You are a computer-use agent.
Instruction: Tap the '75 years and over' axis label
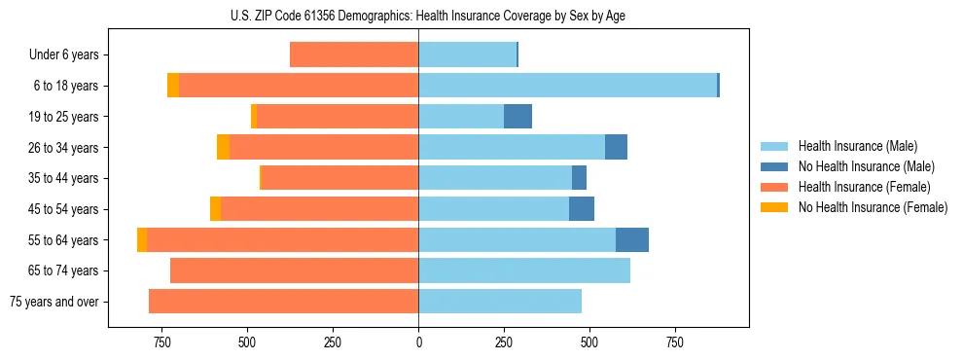54,302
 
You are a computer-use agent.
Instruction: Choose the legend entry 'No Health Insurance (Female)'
873,207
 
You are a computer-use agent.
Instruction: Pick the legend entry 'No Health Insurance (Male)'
866,166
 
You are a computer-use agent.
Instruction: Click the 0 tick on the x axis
418,342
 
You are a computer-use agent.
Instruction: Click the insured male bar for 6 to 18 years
567,86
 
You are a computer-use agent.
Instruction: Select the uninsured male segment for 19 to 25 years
517,117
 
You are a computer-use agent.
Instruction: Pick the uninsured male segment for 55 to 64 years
632,239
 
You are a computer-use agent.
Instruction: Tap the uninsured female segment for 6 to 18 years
173,86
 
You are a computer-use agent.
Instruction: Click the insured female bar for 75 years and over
283,302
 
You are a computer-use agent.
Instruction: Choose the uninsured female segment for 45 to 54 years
216,209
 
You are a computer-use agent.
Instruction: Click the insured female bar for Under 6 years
354,55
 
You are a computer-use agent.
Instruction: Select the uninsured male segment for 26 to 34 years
616,147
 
